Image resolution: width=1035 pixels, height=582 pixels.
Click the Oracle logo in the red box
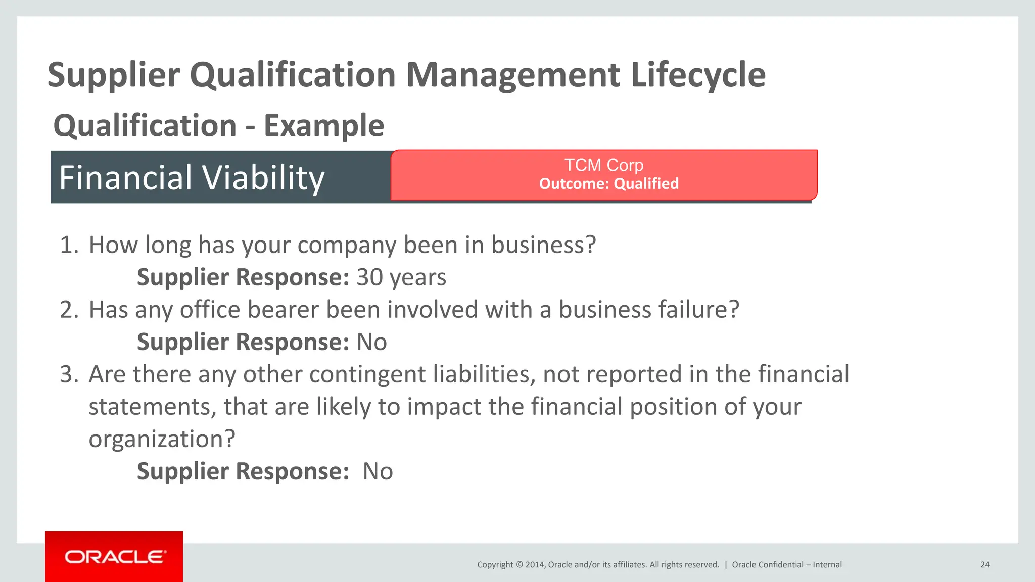point(114,557)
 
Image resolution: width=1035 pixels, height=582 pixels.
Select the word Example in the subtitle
point(324,125)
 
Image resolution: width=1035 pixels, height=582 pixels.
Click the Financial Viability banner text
point(192,178)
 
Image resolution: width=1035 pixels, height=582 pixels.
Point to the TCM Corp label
point(604,165)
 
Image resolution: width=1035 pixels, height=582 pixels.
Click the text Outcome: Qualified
point(608,183)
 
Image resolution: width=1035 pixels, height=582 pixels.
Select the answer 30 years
point(401,277)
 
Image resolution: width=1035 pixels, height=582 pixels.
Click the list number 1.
point(68,245)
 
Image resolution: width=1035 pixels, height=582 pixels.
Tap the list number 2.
point(68,310)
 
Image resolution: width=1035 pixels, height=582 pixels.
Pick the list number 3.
point(68,374)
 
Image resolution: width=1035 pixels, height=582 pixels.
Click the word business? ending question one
point(544,245)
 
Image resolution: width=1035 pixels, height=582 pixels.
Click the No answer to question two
point(372,342)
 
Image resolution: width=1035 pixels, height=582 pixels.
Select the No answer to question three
point(378,471)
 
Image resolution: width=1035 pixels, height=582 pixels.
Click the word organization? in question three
point(162,439)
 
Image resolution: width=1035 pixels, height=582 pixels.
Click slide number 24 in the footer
point(985,565)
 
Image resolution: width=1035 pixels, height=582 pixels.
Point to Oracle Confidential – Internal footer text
point(787,565)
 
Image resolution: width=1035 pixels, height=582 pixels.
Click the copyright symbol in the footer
point(519,565)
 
